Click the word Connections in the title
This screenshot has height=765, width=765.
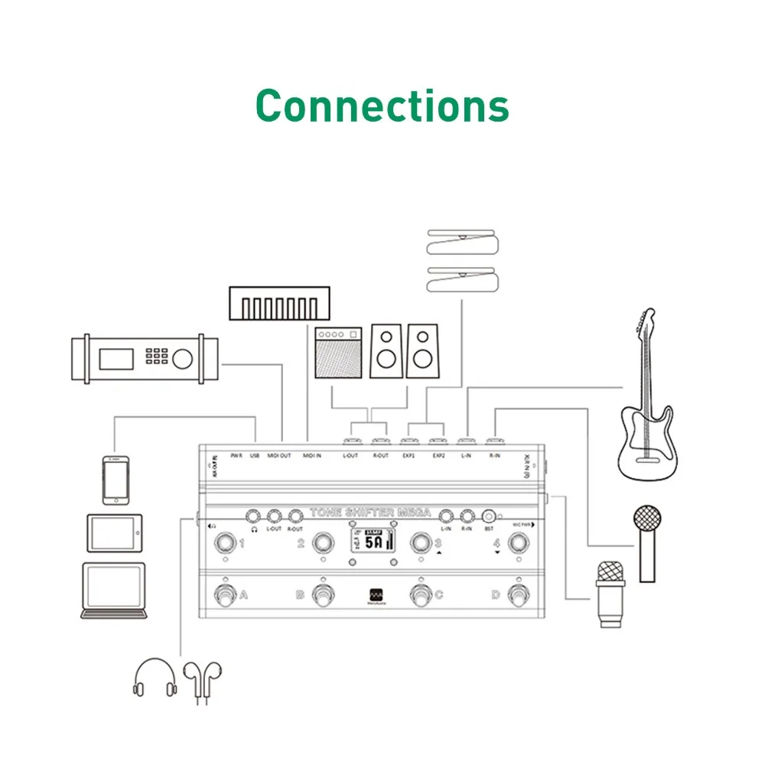382,106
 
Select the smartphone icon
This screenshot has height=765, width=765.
115,480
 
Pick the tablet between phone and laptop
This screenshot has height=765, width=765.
114,532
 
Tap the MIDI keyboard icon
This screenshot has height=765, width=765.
280,304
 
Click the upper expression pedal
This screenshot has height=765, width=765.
463,243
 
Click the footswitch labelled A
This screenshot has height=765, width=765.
226,595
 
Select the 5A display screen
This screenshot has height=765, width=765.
374,542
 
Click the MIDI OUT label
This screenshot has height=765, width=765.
278,456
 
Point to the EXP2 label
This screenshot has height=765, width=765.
438,456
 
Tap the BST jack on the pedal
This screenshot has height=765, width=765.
488,516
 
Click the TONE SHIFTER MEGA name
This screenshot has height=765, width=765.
370,513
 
